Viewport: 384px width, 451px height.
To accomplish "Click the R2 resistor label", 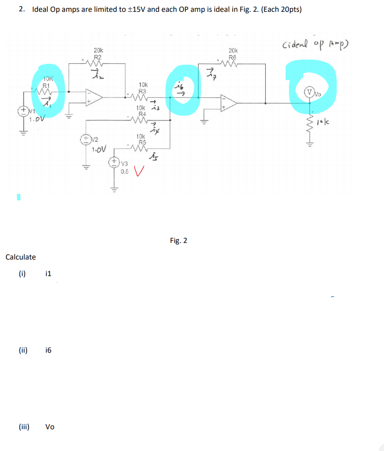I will (x=98, y=55).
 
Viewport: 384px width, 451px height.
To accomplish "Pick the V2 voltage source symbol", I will (x=87, y=140).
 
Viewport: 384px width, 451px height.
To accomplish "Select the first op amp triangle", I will (x=94, y=97).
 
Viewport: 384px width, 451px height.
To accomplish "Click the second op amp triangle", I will (x=229, y=101).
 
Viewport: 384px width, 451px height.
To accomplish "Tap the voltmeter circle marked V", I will (x=311, y=92).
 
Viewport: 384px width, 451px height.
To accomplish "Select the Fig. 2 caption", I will (x=178, y=241).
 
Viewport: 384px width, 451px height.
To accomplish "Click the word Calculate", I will (x=20, y=257).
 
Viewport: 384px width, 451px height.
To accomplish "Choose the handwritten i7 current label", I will (x=210, y=72).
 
